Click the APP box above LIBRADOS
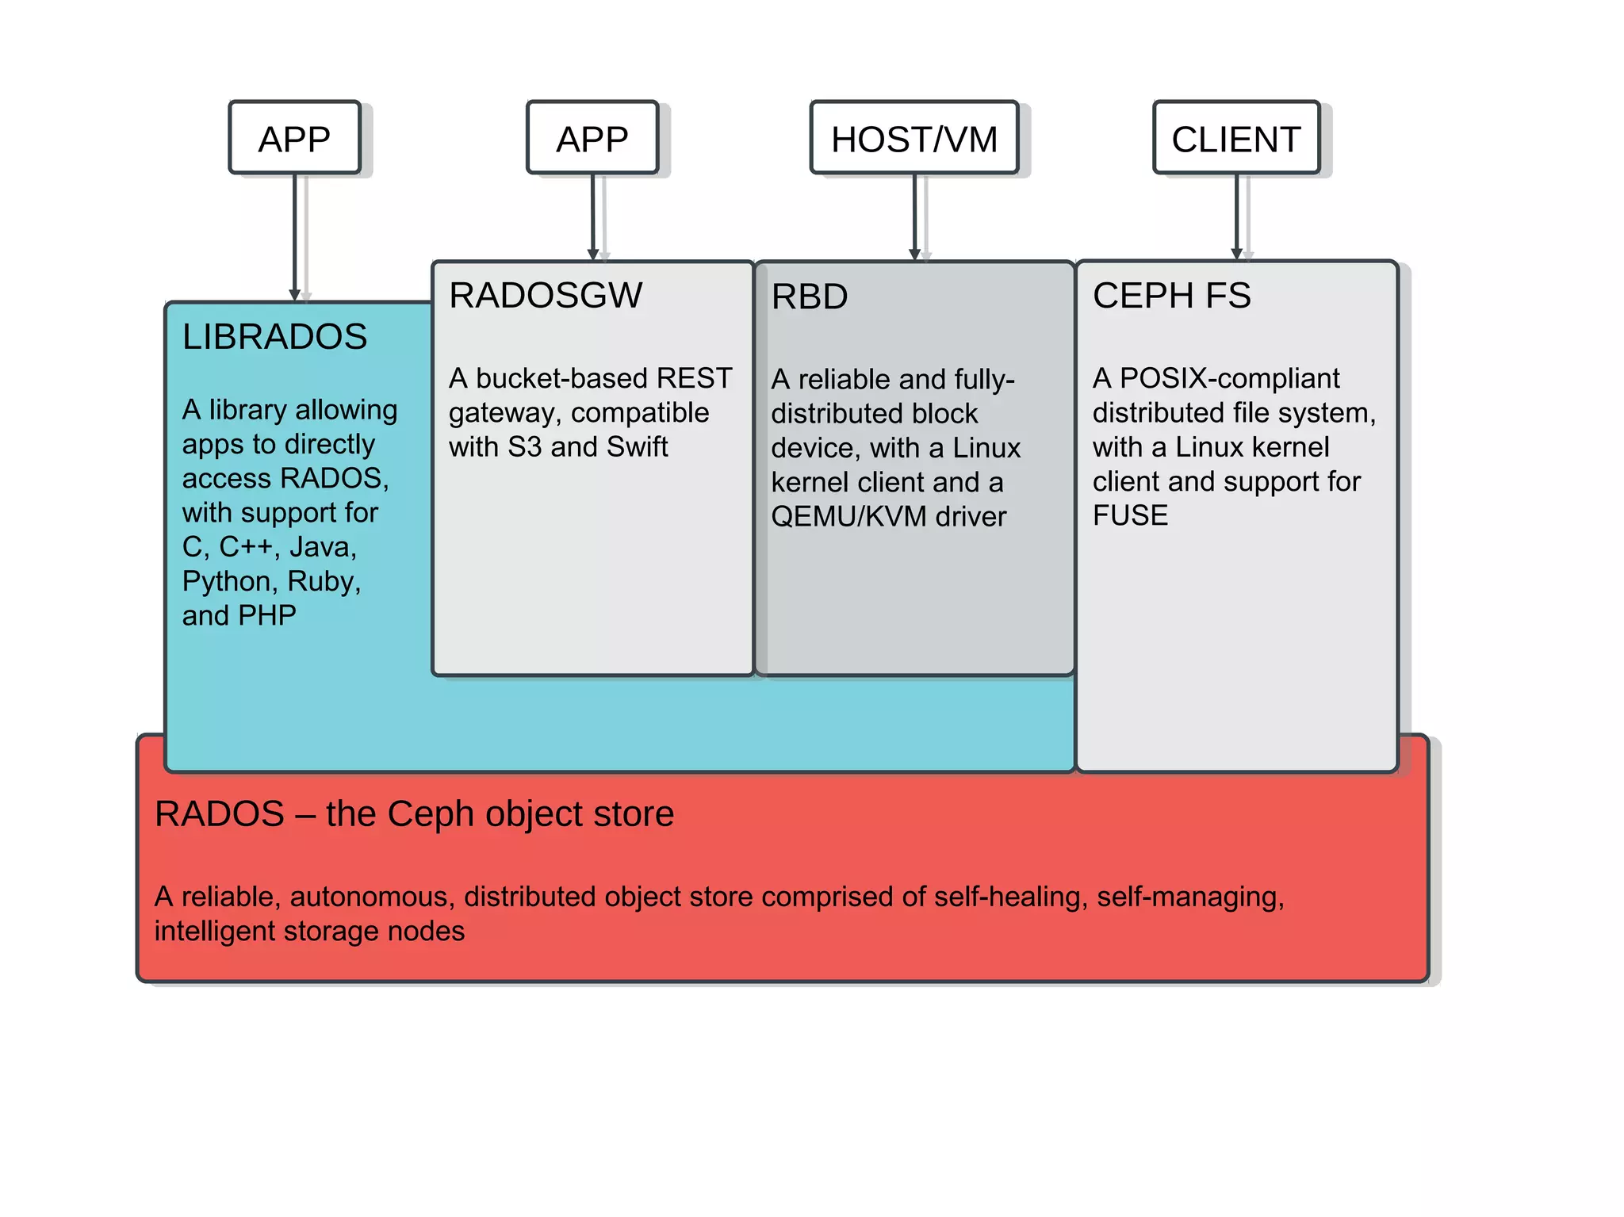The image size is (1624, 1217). [x=294, y=138]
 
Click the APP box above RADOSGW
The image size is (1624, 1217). [x=592, y=138]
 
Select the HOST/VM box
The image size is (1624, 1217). [x=913, y=138]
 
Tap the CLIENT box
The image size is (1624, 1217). [x=1235, y=138]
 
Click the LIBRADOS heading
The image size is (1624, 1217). [x=274, y=337]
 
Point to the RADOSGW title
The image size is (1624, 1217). [x=546, y=296]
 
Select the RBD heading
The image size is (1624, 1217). [x=810, y=297]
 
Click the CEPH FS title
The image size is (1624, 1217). [x=1171, y=296]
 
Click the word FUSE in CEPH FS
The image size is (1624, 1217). [x=1130, y=515]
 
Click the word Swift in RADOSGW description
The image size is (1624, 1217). [x=637, y=447]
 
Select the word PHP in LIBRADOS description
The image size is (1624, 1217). [x=267, y=616]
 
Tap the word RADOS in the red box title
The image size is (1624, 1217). [x=220, y=814]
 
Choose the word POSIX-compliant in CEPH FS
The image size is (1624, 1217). [x=1229, y=378]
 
